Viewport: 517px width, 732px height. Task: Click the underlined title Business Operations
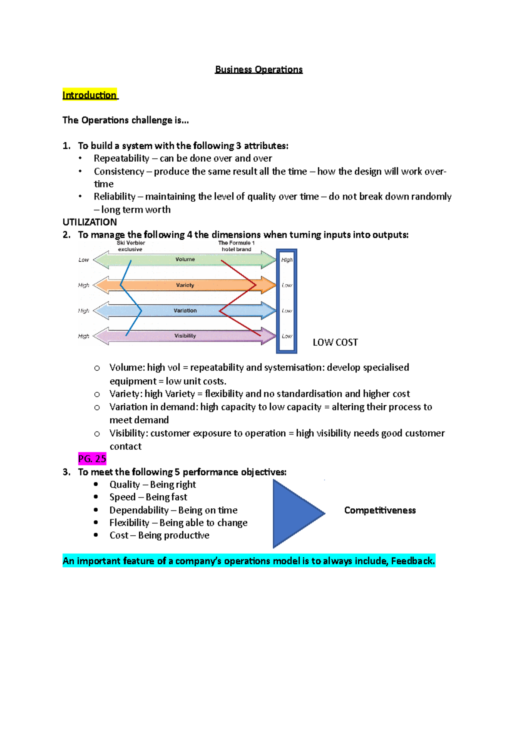tap(258, 69)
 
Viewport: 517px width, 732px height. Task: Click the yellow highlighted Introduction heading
tap(90, 95)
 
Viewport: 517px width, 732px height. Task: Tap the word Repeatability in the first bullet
tap(121, 158)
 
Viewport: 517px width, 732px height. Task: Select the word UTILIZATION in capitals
tap(90, 222)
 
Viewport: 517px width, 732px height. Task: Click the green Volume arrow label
tap(185, 260)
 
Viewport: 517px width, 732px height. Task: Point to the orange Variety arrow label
tap(185, 285)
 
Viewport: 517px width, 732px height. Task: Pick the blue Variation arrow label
tap(185, 310)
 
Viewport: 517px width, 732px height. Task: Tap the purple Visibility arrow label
tap(185, 336)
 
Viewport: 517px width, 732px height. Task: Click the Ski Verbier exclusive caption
tap(131, 246)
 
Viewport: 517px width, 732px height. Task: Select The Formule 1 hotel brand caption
tap(236, 246)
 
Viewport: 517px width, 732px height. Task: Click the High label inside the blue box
tap(287, 260)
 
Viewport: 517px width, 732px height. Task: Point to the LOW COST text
tap(335, 342)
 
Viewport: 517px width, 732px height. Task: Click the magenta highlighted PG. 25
tap(92, 459)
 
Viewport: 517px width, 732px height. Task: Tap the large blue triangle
tap(293, 513)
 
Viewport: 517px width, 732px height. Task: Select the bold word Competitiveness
tap(380, 510)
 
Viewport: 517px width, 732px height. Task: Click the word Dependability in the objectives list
tap(139, 510)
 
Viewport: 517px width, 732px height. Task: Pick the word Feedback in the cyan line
tap(413, 561)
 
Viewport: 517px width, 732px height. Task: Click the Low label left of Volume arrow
tap(84, 260)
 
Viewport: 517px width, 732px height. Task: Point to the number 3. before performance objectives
tap(66, 472)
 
